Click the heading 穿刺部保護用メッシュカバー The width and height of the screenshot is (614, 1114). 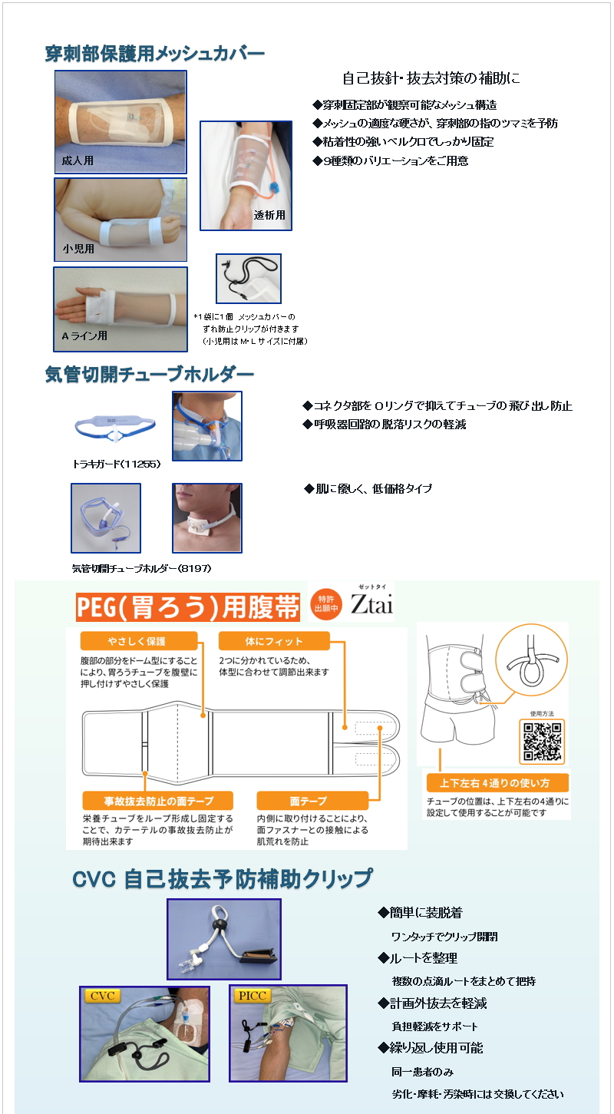154,54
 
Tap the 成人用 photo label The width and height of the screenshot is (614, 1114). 78,160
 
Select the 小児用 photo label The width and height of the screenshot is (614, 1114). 78,249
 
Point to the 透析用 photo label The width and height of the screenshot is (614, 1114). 269,215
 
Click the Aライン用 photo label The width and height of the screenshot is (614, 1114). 84,336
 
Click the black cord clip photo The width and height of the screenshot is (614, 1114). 249,279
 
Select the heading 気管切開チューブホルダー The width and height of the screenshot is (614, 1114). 150,375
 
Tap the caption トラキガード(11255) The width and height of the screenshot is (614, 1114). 117,464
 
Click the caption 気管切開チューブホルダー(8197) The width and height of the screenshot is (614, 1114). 142,568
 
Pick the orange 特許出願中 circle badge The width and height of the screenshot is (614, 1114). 326,603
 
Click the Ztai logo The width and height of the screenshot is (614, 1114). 371,603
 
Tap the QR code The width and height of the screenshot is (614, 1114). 542,741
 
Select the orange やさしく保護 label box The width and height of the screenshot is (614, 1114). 139,641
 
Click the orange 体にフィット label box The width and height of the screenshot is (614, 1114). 274,641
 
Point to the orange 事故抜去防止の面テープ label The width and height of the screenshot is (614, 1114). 158,801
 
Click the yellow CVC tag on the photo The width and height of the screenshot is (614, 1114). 102,996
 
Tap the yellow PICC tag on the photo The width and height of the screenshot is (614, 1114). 253,996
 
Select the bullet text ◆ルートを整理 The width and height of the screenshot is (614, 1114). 418,958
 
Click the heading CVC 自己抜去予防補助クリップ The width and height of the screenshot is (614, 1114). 223,879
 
